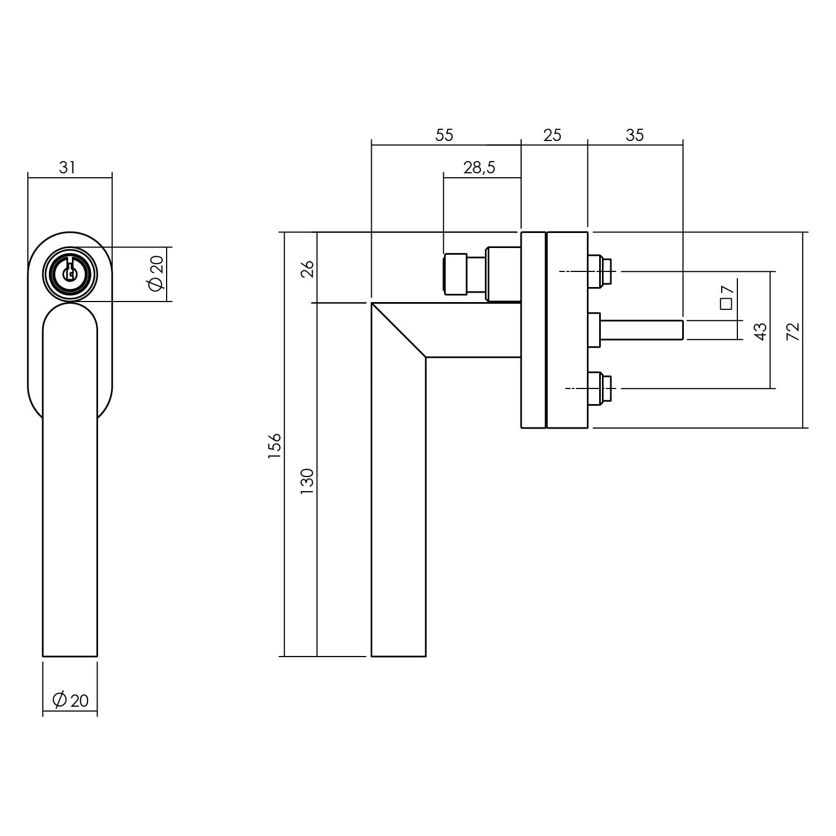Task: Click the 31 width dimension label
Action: pos(67,167)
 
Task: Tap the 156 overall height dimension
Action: pos(275,445)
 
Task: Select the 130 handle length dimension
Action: pos(307,482)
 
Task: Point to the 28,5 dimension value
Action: pos(479,167)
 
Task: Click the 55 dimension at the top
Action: pos(445,135)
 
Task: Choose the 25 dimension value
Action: pos(552,135)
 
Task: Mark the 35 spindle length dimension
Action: pos(634,135)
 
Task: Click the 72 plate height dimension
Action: pos(794,331)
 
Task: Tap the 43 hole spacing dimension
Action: pos(761,331)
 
